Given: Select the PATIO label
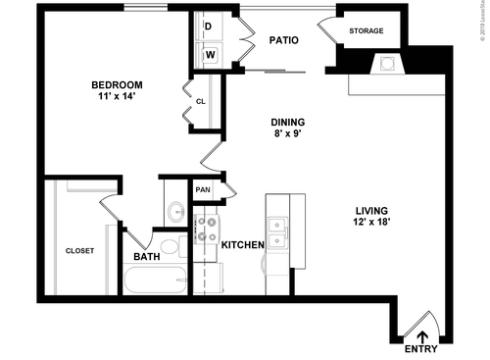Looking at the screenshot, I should click(x=283, y=40).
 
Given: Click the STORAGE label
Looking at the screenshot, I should click(x=366, y=30).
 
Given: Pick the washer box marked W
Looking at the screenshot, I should click(x=210, y=54).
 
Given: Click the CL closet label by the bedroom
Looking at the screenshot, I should click(x=200, y=100).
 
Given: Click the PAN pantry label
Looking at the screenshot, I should click(x=203, y=190).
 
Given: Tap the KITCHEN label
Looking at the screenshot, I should click(x=242, y=245).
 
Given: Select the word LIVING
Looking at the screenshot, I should click(x=372, y=211).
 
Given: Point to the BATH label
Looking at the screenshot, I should click(x=148, y=258).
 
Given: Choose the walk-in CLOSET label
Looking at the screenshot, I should click(x=79, y=251).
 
